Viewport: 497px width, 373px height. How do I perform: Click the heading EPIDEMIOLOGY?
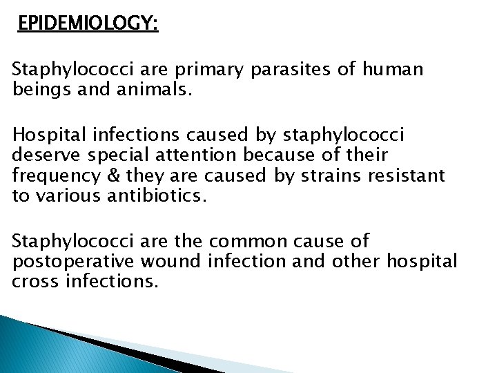(x=88, y=25)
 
